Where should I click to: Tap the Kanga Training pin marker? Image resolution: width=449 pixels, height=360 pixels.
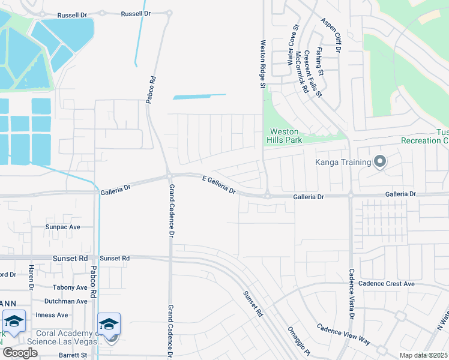379,161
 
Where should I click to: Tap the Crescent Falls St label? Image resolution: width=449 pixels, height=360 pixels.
314,73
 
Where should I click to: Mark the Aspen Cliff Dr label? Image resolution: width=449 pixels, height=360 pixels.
330,36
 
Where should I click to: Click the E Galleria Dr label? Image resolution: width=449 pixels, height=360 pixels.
219,184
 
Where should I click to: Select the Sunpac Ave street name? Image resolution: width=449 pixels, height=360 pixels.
63,227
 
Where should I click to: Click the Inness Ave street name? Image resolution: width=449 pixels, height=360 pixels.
52,315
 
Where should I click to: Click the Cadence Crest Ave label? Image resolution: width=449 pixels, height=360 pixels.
386,284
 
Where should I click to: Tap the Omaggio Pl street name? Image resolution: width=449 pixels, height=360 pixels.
297,340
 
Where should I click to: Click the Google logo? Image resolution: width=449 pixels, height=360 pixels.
20,352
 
